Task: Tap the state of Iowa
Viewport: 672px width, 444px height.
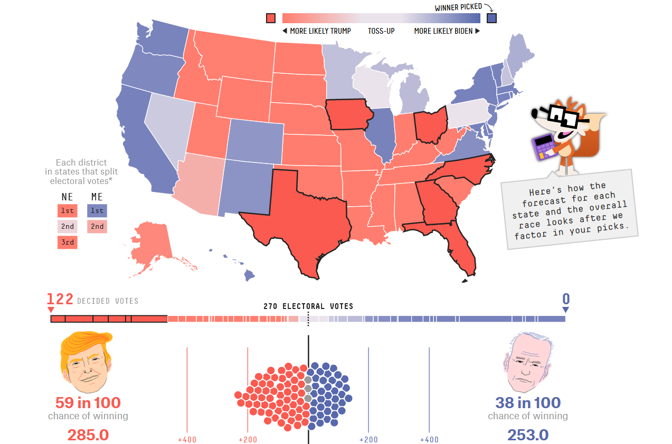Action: pyautogui.click(x=348, y=114)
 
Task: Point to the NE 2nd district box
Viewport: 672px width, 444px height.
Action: pyautogui.click(x=68, y=227)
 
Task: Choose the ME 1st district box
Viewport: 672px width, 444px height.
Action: pyautogui.click(x=97, y=210)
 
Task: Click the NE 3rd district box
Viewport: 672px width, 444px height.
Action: pyautogui.click(x=68, y=243)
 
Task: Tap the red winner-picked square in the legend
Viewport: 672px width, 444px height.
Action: pyautogui.click(x=271, y=18)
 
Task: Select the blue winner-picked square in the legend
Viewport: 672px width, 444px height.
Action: pyautogui.click(x=491, y=18)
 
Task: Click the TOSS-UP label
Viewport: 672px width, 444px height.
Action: pyautogui.click(x=381, y=31)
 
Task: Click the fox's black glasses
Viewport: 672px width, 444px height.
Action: pyautogui.click(x=561, y=115)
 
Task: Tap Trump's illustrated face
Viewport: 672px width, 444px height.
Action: pyautogui.click(x=87, y=362)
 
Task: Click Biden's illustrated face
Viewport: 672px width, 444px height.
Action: pyautogui.click(x=528, y=362)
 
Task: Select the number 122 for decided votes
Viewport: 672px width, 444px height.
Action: pyautogui.click(x=60, y=299)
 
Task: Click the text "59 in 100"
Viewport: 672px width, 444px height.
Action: pyautogui.click(x=88, y=403)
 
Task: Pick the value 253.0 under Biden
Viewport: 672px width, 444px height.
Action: pyautogui.click(x=528, y=435)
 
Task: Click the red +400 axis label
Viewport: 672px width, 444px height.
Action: pyautogui.click(x=187, y=440)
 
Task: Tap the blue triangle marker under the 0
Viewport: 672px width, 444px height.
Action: pyautogui.click(x=565, y=310)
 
